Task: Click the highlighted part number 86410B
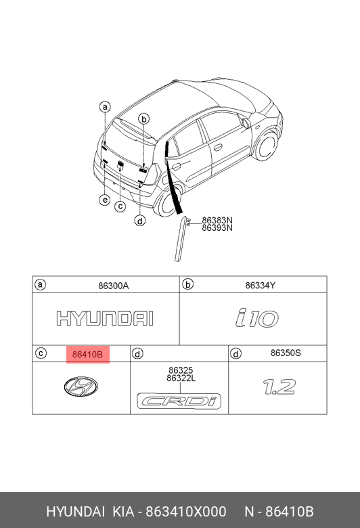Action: pyautogui.click(x=87, y=354)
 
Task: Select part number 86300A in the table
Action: pyautogui.click(x=114, y=286)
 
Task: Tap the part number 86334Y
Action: pyautogui.click(x=261, y=286)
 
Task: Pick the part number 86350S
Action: pyautogui.click(x=286, y=353)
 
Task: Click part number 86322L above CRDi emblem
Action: pyautogui.click(x=181, y=378)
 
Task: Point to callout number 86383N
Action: pyautogui.click(x=217, y=220)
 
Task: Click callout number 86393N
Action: pyautogui.click(x=217, y=228)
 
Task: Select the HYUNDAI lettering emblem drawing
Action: pyautogui.click(x=105, y=319)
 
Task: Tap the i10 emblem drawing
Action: pyautogui.click(x=257, y=318)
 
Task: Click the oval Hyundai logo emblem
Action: pyautogui.click(x=81, y=387)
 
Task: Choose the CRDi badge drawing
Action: pyautogui.click(x=179, y=401)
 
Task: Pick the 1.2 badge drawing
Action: pyautogui.click(x=279, y=387)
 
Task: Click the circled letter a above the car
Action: pyautogui.click(x=105, y=107)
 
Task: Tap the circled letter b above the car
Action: pyautogui.click(x=144, y=119)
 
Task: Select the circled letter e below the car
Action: pyautogui.click(x=105, y=200)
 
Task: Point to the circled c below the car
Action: pyautogui.click(x=120, y=206)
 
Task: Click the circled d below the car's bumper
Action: pyautogui.click(x=140, y=221)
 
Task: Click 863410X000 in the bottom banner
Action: pyautogui.click(x=186, y=512)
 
